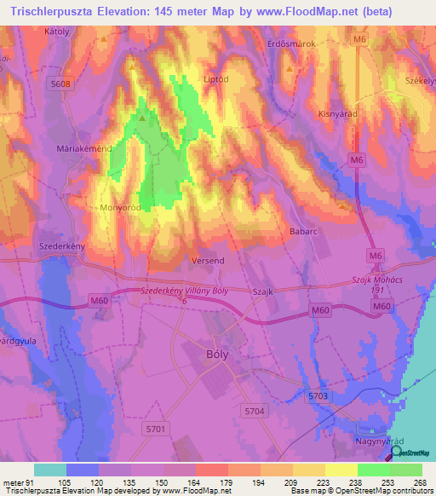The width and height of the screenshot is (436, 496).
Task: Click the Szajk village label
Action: pyautogui.click(x=262, y=291)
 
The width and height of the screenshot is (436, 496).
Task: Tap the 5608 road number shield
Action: pyautogui.click(x=61, y=84)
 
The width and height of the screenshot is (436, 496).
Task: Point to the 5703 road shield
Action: pyautogui.click(x=318, y=395)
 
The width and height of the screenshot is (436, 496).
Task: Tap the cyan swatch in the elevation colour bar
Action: pyautogui.click(x=49, y=470)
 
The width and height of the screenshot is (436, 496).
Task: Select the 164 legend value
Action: pyautogui.click(x=196, y=482)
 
